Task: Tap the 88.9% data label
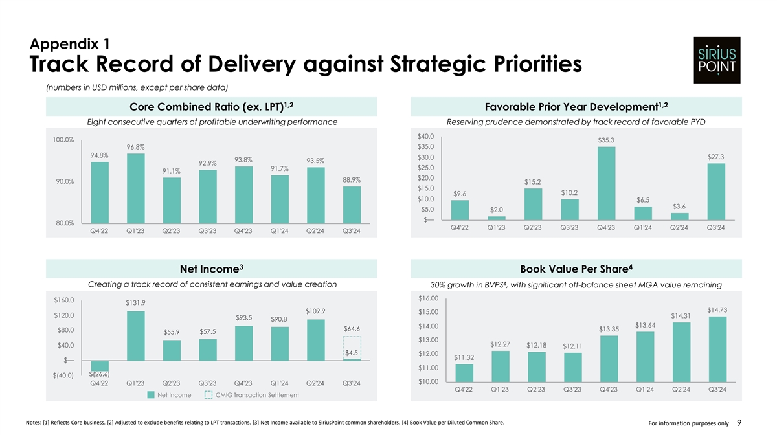pyautogui.click(x=350, y=179)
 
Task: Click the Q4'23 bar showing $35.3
pyautogui.click(x=606, y=183)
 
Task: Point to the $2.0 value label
pyautogui.click(x=497, y=209)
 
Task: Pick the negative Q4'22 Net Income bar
pyautogui.click(x=100, y=366)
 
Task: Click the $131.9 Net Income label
pyautogui.click(x=135, y=302)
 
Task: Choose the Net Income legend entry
pyautogui.click(x=170, y=395)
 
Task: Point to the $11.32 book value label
pyautogui.click(x=464, y=357)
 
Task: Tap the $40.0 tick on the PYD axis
pyautogui.click(x=425, y=136)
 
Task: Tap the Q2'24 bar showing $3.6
pyautogui.click(x=680, y=216)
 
